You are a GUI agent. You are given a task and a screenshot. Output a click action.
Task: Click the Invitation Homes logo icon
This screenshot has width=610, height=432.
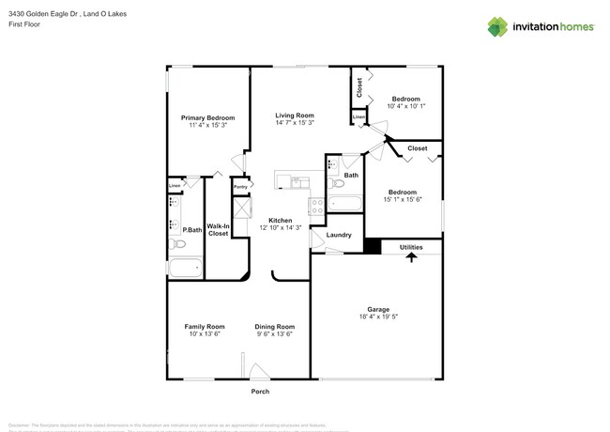pyautogui.click(x=498, y=26)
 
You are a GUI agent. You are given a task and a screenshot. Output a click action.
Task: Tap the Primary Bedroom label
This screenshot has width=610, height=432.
pyautogui.click(x=207, y=117)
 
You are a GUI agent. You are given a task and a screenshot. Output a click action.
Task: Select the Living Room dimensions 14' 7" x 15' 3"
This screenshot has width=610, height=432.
pyautogui.click(x=295, y=123)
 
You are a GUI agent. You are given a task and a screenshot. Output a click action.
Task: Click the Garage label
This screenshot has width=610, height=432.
pyautogui.click(x=378, y=309)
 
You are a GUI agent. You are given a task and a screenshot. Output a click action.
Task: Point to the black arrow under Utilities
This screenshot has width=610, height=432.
pyautogui.click(x=411, y=256)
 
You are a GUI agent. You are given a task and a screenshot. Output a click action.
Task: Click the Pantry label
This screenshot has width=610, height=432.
pyautogui.click(x=240, y=187)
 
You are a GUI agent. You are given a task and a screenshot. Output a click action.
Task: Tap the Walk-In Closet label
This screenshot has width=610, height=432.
pyautogui.click(x=218, y=229)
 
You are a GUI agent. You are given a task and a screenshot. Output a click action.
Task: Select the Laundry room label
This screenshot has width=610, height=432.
pyautogui.click(x=339, y=235)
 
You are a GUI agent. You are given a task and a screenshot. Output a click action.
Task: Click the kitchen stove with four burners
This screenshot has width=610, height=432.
pyautogui.click(x=317, y=203)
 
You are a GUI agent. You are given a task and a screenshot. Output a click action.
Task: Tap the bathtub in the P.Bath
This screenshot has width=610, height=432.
pyautogui.click(x=185, y=269)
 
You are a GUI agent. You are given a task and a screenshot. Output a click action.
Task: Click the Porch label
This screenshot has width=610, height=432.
pyautogui.click(x=260, y=392)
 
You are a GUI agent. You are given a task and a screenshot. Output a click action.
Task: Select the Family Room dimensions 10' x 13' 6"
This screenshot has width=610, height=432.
pyautogui.click(x=204, y=334)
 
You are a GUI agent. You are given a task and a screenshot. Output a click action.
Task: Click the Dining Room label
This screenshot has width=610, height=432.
pyautogui.click(x=275, y=326)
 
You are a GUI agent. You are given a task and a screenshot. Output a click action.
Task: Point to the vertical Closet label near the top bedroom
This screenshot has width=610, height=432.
pyautogui.click(x=359, y=87)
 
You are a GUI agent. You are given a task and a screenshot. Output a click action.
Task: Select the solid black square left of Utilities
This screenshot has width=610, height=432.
pyautogui.click(x=373, y=247)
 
